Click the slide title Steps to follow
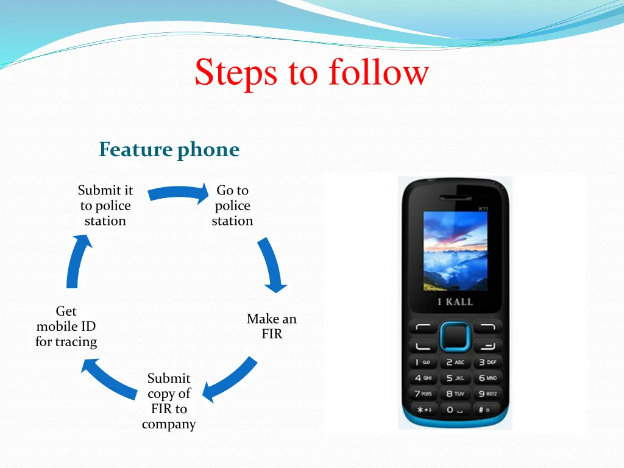[311, 73]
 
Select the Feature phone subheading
[169, 149]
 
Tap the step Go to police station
[232, 206]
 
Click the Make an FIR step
[272, 326]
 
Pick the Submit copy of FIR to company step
[169, 402]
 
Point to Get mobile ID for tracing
[66, 327]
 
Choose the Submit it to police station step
[105, 206]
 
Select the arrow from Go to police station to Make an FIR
[272, 264]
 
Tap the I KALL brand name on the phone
[455, 302]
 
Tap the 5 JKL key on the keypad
[455, 378]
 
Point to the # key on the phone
[486, 409]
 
